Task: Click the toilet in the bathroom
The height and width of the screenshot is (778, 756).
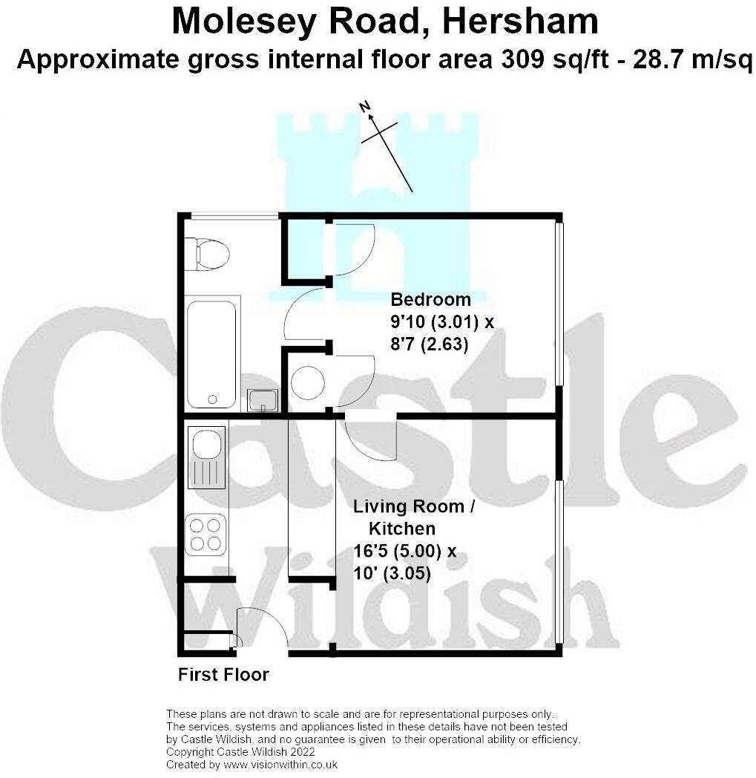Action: point(207,254)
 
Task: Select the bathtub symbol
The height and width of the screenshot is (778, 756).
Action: point(211,353)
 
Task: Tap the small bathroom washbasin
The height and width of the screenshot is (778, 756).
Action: point(263,400)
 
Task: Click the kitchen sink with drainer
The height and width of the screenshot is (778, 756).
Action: point(206,457)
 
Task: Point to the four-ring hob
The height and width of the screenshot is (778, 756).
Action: point(206,534)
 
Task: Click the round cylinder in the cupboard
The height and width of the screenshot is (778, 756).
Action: point(307,382)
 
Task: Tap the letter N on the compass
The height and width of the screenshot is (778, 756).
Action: point(365,107)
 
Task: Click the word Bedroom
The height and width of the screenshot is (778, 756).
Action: point(430,300)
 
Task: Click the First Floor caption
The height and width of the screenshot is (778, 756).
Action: point(223,675)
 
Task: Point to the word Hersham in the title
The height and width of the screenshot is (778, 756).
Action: point(519,22)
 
